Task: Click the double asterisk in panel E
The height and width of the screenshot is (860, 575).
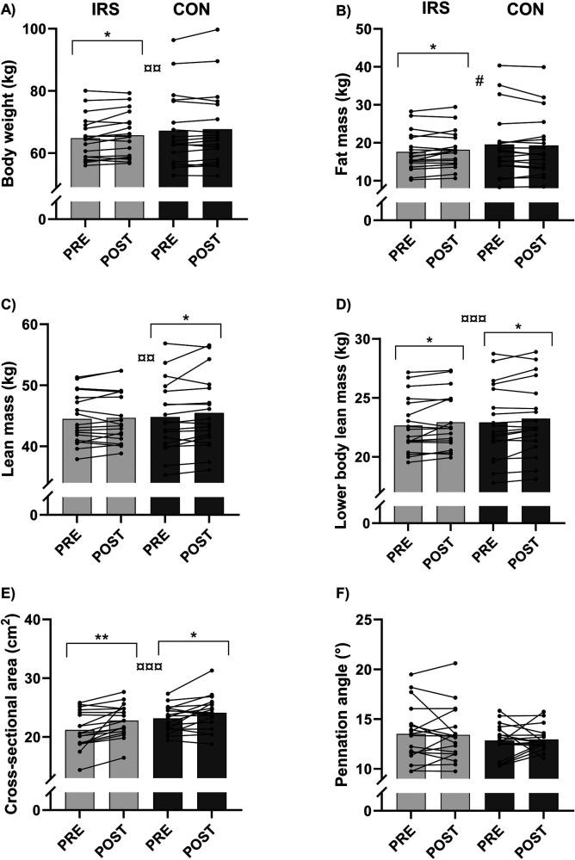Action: pyautogui.click(x=101, y=638)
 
